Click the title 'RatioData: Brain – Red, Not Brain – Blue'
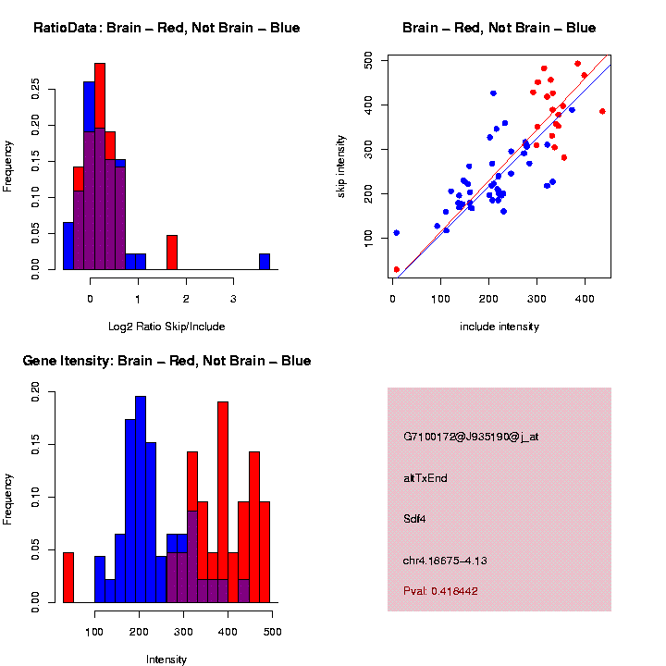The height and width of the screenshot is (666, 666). (x=166, y=28)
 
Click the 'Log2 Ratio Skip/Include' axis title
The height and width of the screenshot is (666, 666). (x=166, y=327)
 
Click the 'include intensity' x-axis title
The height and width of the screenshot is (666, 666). (x=499, y=327)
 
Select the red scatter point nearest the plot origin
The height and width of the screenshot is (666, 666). (x=397, y=269)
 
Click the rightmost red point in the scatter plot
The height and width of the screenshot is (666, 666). (x=602, y=111)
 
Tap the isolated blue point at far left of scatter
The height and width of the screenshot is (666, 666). (x=397, y=233)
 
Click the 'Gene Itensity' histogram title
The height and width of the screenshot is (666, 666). (x=166, y=361)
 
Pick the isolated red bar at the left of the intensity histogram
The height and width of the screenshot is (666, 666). (x=68, y=577)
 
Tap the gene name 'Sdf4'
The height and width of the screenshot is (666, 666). (x=414, y=518)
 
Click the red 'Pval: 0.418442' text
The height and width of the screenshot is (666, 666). (x=440, y=590)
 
